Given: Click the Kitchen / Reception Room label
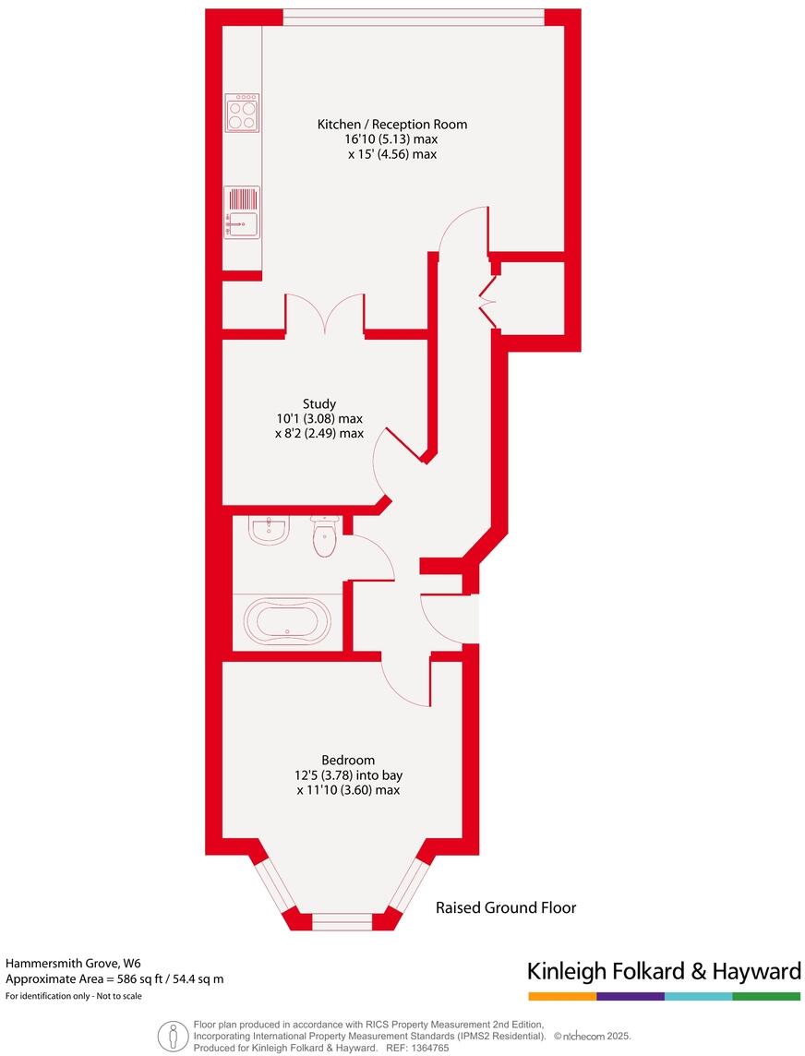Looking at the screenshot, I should pos(392,124).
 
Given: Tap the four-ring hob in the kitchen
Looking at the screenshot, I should pos(242,113).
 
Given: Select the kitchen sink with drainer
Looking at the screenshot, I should pos(242,213).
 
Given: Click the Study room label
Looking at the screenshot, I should pos(318,403).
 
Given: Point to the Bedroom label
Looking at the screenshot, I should pos(347,759).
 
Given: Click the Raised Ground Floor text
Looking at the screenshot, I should pos(506,907).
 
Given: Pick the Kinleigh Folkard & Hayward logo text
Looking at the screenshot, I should pos(663,971).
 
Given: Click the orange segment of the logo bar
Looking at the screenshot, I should pos(562,997).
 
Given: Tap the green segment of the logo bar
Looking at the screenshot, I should pos(766,997).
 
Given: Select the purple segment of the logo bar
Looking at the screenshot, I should pos(631,997).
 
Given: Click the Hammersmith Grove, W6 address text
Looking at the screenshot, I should pos(74,963).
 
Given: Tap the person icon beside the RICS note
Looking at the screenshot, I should pos(168,1036).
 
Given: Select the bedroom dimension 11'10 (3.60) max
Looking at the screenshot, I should pos(348,790).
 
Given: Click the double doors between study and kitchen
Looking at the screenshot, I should pos(324,314).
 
